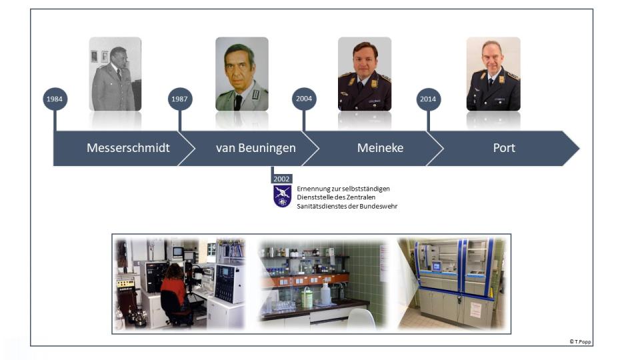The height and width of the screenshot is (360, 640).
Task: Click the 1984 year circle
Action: tap(55, 99)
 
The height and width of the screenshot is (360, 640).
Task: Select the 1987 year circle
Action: tap(180, 99)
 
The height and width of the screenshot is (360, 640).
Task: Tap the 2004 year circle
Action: tap(304, 99)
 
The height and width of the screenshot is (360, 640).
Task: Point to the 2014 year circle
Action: tap(428, 99)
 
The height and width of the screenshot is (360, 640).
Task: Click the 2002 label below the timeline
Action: tap(281, 179)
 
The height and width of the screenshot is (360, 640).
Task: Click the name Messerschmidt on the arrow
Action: tap(128, 148)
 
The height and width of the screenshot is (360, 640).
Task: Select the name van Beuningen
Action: tap(256, 148)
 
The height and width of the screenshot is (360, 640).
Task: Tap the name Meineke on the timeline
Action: tap(381, 148)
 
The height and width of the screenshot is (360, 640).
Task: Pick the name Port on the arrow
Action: tap(504, 148)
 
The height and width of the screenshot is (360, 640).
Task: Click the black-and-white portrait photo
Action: tap(115, 74)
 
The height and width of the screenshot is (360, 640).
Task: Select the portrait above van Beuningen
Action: tap(242, 74)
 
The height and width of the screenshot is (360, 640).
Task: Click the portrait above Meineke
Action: tap(365, 74)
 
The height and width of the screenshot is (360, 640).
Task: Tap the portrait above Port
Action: tap(493, 74)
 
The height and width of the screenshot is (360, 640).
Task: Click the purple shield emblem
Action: tap(282, 196)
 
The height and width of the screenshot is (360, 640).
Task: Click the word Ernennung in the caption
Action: tap(312, 189)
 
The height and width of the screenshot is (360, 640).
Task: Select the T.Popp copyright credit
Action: tap(580, 341)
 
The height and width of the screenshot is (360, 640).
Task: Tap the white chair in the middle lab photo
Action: tap(361, 319)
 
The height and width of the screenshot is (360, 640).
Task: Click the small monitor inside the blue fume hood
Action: tap(436, 267)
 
